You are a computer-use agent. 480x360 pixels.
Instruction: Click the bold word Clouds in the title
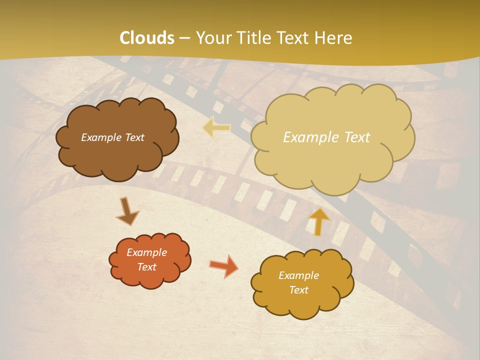(x=147, y=38)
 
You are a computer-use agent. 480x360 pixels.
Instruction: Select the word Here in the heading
(x=334, y=38)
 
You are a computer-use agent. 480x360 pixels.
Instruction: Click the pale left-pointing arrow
(x=217, y=127)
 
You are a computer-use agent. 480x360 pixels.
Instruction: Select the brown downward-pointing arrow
(x=127, y=211)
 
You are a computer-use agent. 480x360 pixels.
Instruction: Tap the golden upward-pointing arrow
(x=318, y=221)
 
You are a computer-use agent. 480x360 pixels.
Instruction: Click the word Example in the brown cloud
(x=101, y=137)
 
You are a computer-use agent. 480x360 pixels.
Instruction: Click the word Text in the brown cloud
(x=134, y=137)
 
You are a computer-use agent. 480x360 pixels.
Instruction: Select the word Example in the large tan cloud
(x=308, y=137)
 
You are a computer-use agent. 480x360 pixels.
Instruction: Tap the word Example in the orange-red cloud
(x=146, y=252)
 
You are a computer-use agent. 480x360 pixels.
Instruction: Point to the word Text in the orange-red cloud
(x=146, y=267)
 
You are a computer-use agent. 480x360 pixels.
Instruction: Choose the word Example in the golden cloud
(x=298, y=275)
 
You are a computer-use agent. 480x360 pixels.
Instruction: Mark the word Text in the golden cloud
(x=298, y=290)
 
